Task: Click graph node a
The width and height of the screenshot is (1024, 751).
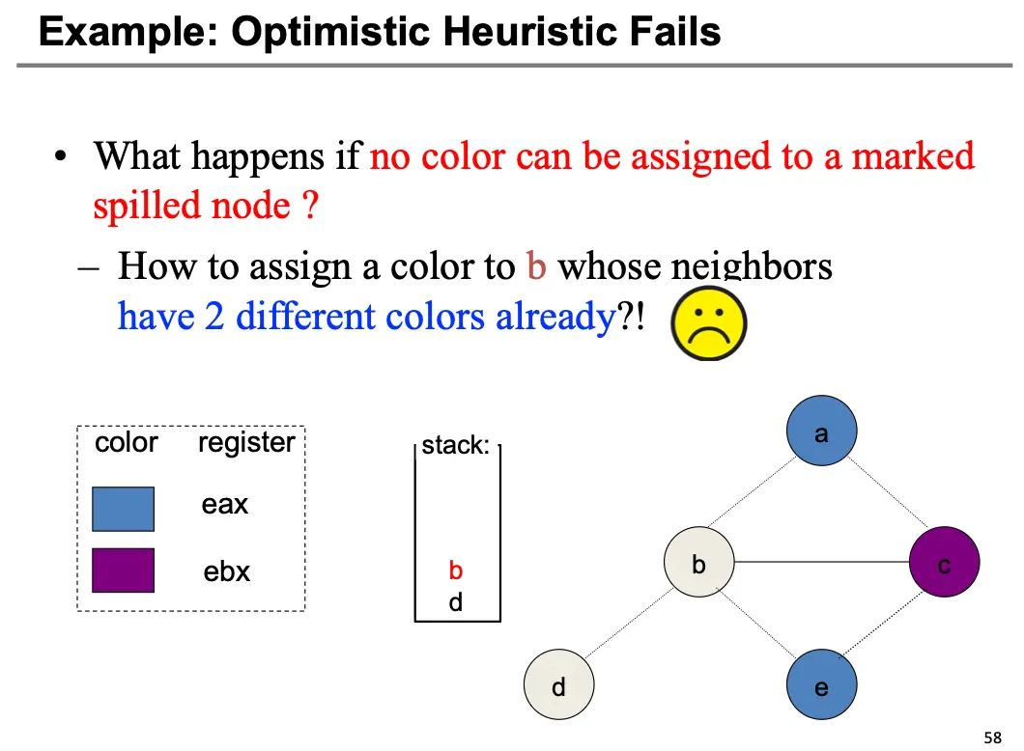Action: [821, 433]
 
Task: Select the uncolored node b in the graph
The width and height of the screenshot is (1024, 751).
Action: [699, 564]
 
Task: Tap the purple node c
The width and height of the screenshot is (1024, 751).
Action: [945, 564]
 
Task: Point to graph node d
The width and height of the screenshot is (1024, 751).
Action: [558, 687]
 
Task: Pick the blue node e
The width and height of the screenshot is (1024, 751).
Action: [821, 687]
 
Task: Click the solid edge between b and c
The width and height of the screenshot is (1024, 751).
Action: [822, 564]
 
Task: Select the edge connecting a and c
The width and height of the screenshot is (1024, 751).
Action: [883, 498]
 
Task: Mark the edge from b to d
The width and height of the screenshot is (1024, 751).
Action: [629, 626]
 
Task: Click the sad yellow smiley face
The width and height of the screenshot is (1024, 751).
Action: [708, 326]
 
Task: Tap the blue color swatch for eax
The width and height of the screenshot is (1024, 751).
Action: [123, 509]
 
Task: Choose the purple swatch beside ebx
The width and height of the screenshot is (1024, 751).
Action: [123, 570]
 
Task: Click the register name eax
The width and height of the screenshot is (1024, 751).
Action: [225, 505]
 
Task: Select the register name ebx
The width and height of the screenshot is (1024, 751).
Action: [226, 571]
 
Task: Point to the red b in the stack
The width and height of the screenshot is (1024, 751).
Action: [456, 570]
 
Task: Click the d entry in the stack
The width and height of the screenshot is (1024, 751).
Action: [456, 603]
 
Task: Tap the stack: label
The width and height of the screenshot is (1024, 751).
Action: [456, 446]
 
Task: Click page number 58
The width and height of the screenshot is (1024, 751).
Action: [992, 737]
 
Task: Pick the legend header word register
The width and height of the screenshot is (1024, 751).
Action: [246, 443]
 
